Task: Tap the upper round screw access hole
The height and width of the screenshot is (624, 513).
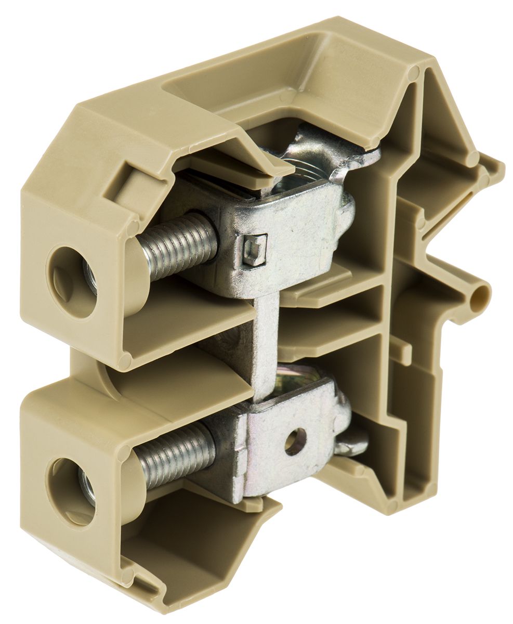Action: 73,281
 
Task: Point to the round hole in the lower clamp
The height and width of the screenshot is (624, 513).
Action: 295,443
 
